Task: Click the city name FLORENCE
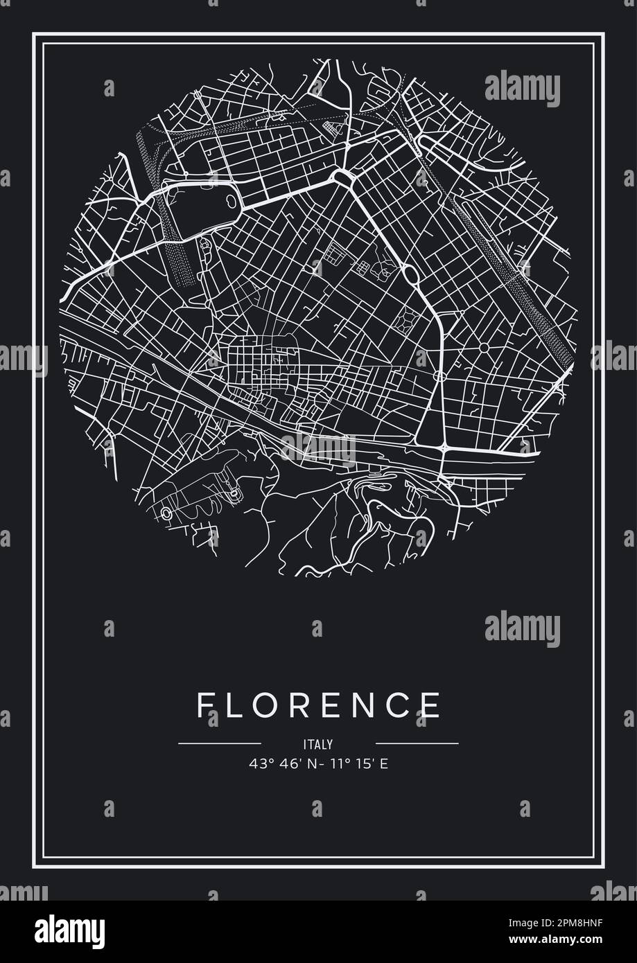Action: [x=318, y=705]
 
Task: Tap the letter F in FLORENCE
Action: [x=204, y=705]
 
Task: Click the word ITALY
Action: [x=318, y=745]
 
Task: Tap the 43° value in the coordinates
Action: [x=258, y=764]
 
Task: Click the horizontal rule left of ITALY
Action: [x=220, y=743]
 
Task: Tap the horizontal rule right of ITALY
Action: [x=417, y=743]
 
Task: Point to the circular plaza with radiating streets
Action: [x=484, y=347]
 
